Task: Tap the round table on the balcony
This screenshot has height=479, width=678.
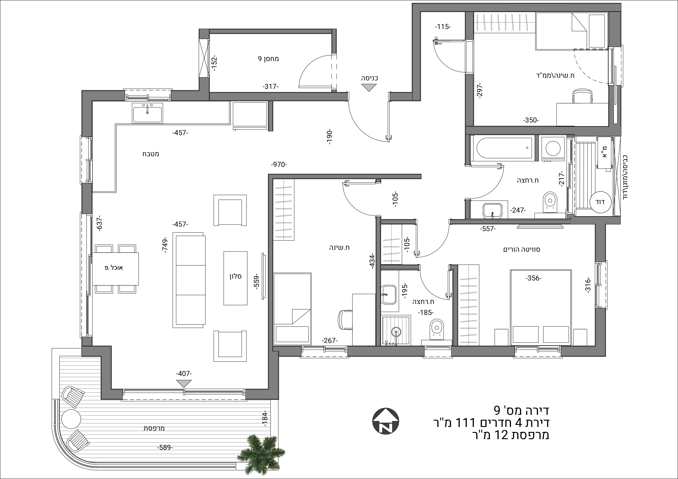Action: tap(71, 418)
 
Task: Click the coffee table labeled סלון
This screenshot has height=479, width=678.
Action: tap(235, 278)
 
